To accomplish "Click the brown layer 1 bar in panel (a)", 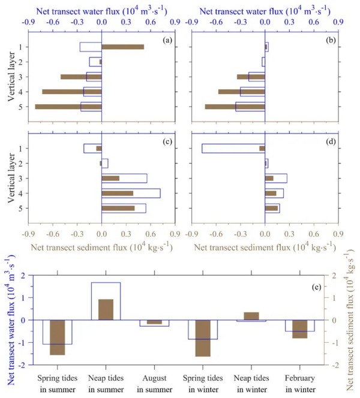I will (123, 47).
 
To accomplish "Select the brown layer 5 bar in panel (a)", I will (68, 107).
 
